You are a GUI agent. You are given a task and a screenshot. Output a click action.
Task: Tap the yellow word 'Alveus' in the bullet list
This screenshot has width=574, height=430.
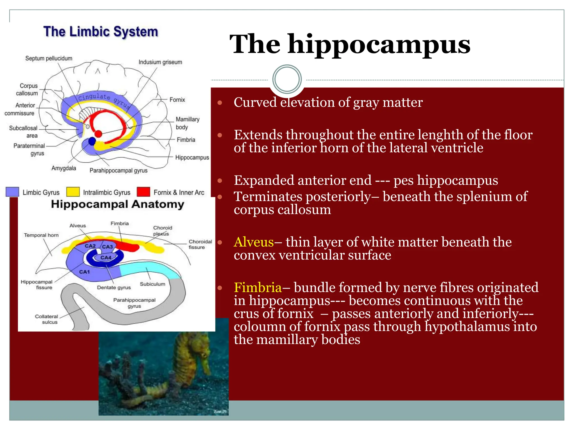coord(254,242)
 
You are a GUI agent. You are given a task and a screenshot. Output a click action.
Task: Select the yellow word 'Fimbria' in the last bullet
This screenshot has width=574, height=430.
coord(258,288)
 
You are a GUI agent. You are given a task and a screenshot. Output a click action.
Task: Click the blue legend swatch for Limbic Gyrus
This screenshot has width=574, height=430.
coord(12,192)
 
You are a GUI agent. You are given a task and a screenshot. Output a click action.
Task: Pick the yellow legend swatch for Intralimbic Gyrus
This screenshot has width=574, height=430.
coord(73,192)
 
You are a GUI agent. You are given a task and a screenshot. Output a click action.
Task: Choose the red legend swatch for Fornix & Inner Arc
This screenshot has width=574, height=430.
coord(143,192)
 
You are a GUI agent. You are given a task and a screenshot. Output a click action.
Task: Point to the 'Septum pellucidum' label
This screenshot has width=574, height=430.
coord(49,58)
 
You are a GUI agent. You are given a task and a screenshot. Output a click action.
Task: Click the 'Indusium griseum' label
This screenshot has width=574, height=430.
coord(160,62)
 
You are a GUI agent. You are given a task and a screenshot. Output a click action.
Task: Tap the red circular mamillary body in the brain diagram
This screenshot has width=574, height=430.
coord(98,134)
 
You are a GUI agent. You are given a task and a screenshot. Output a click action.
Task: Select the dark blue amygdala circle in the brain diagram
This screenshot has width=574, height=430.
coord(92,141)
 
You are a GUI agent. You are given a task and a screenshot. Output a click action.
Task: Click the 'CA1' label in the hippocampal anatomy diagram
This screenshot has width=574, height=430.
coord(84,272)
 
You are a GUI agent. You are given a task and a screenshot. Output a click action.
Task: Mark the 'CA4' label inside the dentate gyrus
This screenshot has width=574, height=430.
coord(106,258)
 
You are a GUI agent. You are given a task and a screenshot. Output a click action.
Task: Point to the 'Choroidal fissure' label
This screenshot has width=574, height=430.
coord(200,244)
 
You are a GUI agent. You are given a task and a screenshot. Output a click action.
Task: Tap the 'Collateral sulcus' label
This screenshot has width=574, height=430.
coord(47,319)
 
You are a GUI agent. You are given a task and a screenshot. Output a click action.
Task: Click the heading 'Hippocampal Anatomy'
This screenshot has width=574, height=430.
coord(117,204)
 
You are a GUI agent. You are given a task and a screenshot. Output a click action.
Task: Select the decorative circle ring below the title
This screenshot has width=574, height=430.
coord(287,79)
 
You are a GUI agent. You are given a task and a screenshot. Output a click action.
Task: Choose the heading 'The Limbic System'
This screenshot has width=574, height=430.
coord(101,32)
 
